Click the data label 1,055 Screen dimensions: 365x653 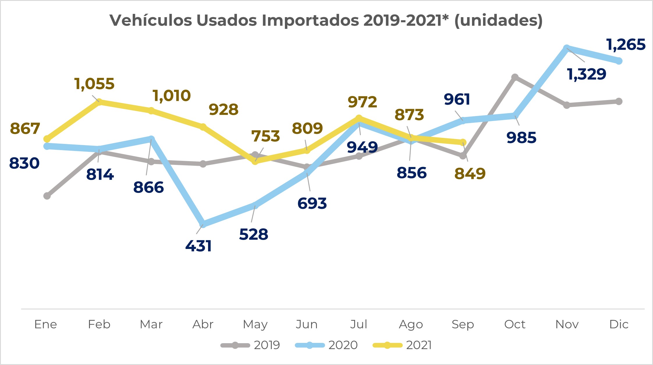[x=94, y=84]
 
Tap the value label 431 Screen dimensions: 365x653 [x=198, y=246]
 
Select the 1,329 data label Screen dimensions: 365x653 [x=587, y=74]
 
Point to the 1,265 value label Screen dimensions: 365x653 [x=626, y=45]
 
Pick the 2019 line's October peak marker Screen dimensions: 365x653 [x=515, y=77]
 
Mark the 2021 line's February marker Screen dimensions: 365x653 [x=99, y=102]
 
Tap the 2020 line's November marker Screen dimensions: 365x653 [x=567, y=48]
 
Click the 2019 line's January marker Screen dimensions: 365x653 [x=47, y=196]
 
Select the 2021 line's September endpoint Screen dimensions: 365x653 [x=463, y=142]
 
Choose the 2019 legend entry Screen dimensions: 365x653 [x=250, y=345]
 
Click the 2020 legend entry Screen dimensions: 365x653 [x=326, y=345]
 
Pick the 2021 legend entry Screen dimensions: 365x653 [x=402, y=345]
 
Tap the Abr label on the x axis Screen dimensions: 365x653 [x=203, y=324]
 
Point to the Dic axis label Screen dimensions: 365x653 [x=619, y=324]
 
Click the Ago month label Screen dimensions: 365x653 [x=411, y=324]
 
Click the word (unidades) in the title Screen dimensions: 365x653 [x=498, y=20]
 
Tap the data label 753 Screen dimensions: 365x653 [x=265, y=136]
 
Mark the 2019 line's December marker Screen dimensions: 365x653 [x=619, y=101]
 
